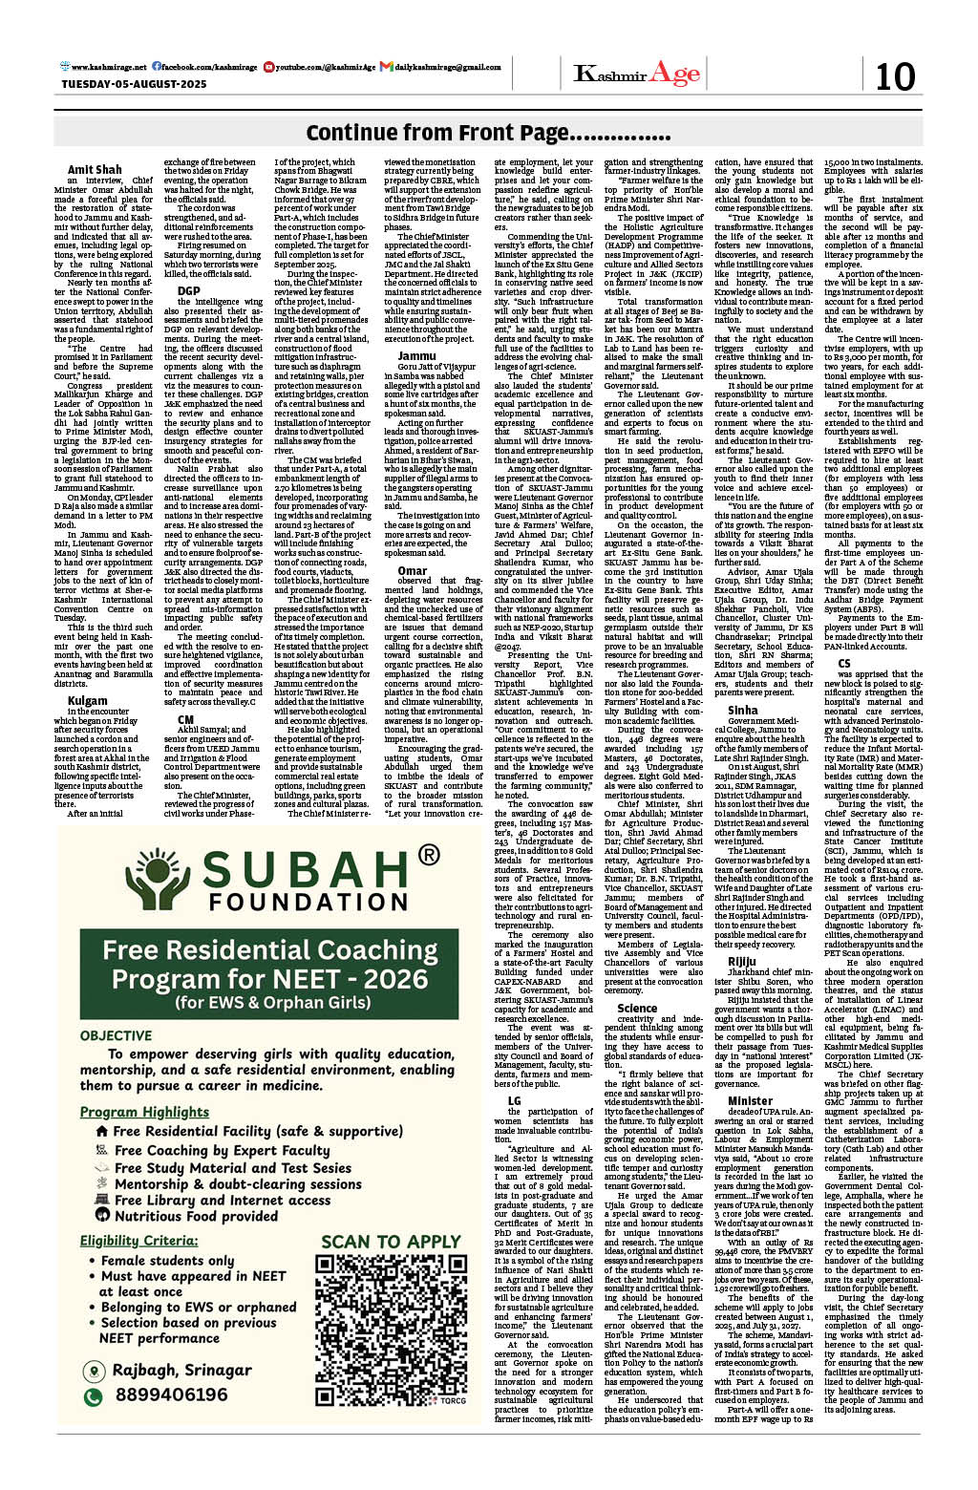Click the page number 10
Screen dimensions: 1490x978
pyautogui.click(x=894, y=75)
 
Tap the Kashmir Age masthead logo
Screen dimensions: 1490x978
pyautogui.click(x=637, y=74)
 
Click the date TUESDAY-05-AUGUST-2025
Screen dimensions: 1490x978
pyautogui.click(x=134, y=84)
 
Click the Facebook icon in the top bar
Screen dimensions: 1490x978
pyautogui.click(x=157, y=67)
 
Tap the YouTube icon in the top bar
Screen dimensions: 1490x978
pyautogui.click(x=269, y=67)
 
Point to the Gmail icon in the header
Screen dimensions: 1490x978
pyautogui.click(x=386, y=67)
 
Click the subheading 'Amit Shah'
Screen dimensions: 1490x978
pyautogui.click(x=95, y=169)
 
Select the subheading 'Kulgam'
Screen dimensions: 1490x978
pyautogui.click(x=87, y=700)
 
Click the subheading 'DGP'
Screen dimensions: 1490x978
pyautogui.click(x=188, y=290)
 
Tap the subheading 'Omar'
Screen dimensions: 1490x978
pyautogui.click(x=413, y=570)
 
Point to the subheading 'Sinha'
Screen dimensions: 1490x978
pyautogui.click(x=742, y=710)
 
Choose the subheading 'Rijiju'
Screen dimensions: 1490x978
pyautogui.click(x=741, y=962)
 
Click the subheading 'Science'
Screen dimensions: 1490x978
pyautogui.click(x=636, y=1008)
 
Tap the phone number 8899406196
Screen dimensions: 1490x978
pyautogui.click(x=171, y=1395)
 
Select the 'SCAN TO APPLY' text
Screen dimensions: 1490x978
pyautogui.click(x=391, y=1241)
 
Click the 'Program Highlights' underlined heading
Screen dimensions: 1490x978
pyautogui.click(x=144, y=1112)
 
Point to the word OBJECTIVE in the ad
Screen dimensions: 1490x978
pyautogui.click(x=116, y=1035)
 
